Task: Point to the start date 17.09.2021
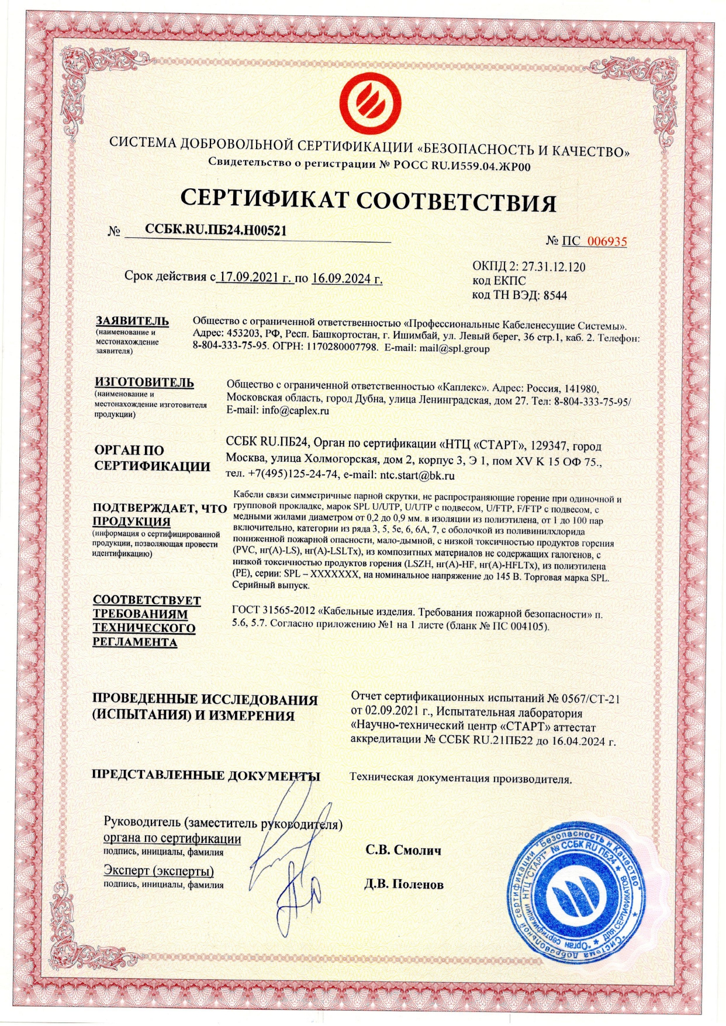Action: click(254, 278)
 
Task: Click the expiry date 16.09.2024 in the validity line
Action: click(347, 278)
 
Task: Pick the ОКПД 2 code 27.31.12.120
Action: click(553, 267)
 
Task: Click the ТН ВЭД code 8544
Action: click(555, 295)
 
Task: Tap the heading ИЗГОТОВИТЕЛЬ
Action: click(144, 382)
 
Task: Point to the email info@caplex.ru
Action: click(295, 410)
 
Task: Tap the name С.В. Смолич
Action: click(403, 849)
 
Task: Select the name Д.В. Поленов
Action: click(403, 884)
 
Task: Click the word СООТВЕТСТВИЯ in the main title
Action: click(456, 201)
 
